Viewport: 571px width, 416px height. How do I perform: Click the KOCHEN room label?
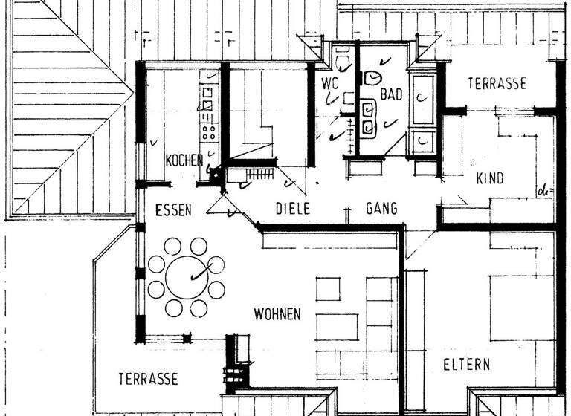coord(184,160)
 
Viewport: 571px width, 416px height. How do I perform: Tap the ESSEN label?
coord(172,210)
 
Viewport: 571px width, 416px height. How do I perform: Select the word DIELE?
coord(292,209)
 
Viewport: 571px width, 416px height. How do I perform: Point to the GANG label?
coord(381,209)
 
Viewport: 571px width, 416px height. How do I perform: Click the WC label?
coord(329,83)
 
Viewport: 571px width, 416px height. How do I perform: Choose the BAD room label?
coord(391,94)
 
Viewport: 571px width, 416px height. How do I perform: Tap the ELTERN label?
coord(466,365)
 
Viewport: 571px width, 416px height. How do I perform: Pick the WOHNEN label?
coord(277,314)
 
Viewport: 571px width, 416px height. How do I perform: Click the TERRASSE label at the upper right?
coord(497,84)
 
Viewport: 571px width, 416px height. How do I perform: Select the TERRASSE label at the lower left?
coord(148,379)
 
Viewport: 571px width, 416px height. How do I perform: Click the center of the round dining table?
coord(184,277)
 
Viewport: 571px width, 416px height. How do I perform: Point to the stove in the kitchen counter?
coord(209,132)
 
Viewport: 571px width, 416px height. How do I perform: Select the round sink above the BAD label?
coord(372,77)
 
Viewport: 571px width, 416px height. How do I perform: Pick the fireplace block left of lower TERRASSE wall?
coord(237,364)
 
